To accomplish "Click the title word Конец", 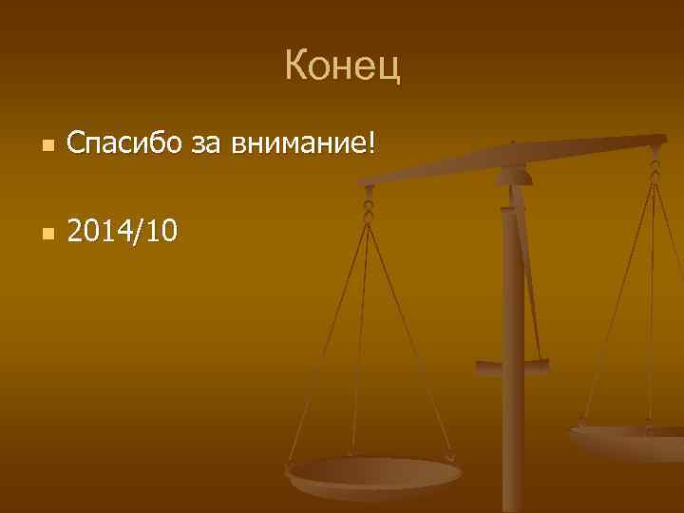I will (342, 66).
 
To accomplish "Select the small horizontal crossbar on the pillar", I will (512, 364).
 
